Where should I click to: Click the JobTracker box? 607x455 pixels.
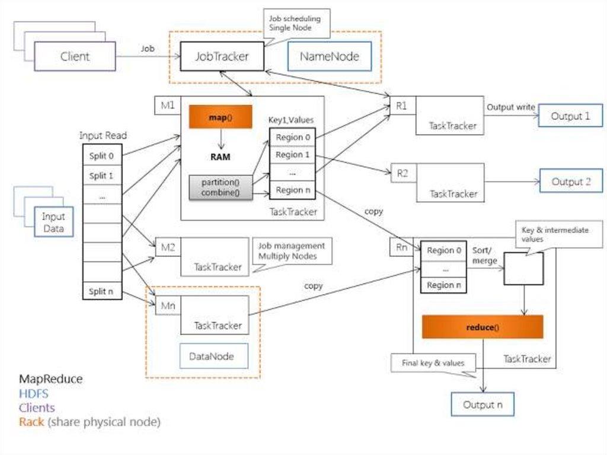[x=222, y=56]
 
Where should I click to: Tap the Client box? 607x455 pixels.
[x=75, y=57]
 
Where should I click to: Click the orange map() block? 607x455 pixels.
[x=221, y=117]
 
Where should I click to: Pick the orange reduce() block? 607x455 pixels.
[x=483, y=327]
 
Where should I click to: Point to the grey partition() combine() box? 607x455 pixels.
[x=221, y=187]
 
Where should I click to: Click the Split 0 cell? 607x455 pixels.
[x=102, y=156]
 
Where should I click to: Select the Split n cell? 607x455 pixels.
[x=102, y=291]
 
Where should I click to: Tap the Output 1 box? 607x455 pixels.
[x=570, y=116]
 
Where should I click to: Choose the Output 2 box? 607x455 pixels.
[x=571, y=182]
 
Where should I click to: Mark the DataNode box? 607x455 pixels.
[x=211, y=357]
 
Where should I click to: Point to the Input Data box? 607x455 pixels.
[x=53, y=222]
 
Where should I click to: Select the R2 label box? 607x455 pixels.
[x=402, y=173]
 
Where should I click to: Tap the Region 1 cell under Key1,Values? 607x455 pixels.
[x=293, y=155]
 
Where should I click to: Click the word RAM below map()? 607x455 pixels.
[x=220, y=157]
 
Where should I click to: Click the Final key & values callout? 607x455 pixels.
[x=433, y=362]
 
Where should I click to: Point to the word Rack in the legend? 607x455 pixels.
[x=31, y=422]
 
